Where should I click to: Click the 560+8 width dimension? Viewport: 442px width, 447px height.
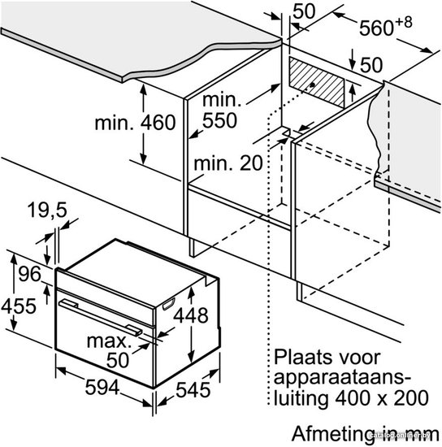click(386, 26)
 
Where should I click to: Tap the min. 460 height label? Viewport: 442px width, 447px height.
click(135, 123)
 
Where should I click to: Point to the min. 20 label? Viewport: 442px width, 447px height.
click(228, 163)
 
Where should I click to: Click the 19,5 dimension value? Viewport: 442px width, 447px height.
click(47, 210)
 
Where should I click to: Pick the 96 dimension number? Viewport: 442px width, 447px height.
click(29, 274)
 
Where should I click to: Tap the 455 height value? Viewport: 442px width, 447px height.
click(19, 306)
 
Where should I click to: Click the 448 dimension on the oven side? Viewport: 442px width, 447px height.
click(191, 315)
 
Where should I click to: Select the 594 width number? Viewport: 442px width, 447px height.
click(102, 387)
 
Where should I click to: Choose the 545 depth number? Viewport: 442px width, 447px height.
click(193, 389)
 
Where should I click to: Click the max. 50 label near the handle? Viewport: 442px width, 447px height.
click(110, 350)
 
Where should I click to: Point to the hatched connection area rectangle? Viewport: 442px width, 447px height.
click(317, 82)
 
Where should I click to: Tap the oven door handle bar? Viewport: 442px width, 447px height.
click(100, 317)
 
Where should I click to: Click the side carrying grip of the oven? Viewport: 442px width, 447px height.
click(169, 304)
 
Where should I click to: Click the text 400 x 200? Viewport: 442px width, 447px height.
click(382, 397)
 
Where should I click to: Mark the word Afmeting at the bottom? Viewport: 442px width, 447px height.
click(333, 434)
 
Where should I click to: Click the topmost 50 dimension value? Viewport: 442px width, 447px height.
click(305, 11)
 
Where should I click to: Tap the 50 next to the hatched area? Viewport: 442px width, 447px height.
click(371, 65)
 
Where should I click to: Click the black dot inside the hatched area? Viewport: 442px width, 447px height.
click(313, 85)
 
